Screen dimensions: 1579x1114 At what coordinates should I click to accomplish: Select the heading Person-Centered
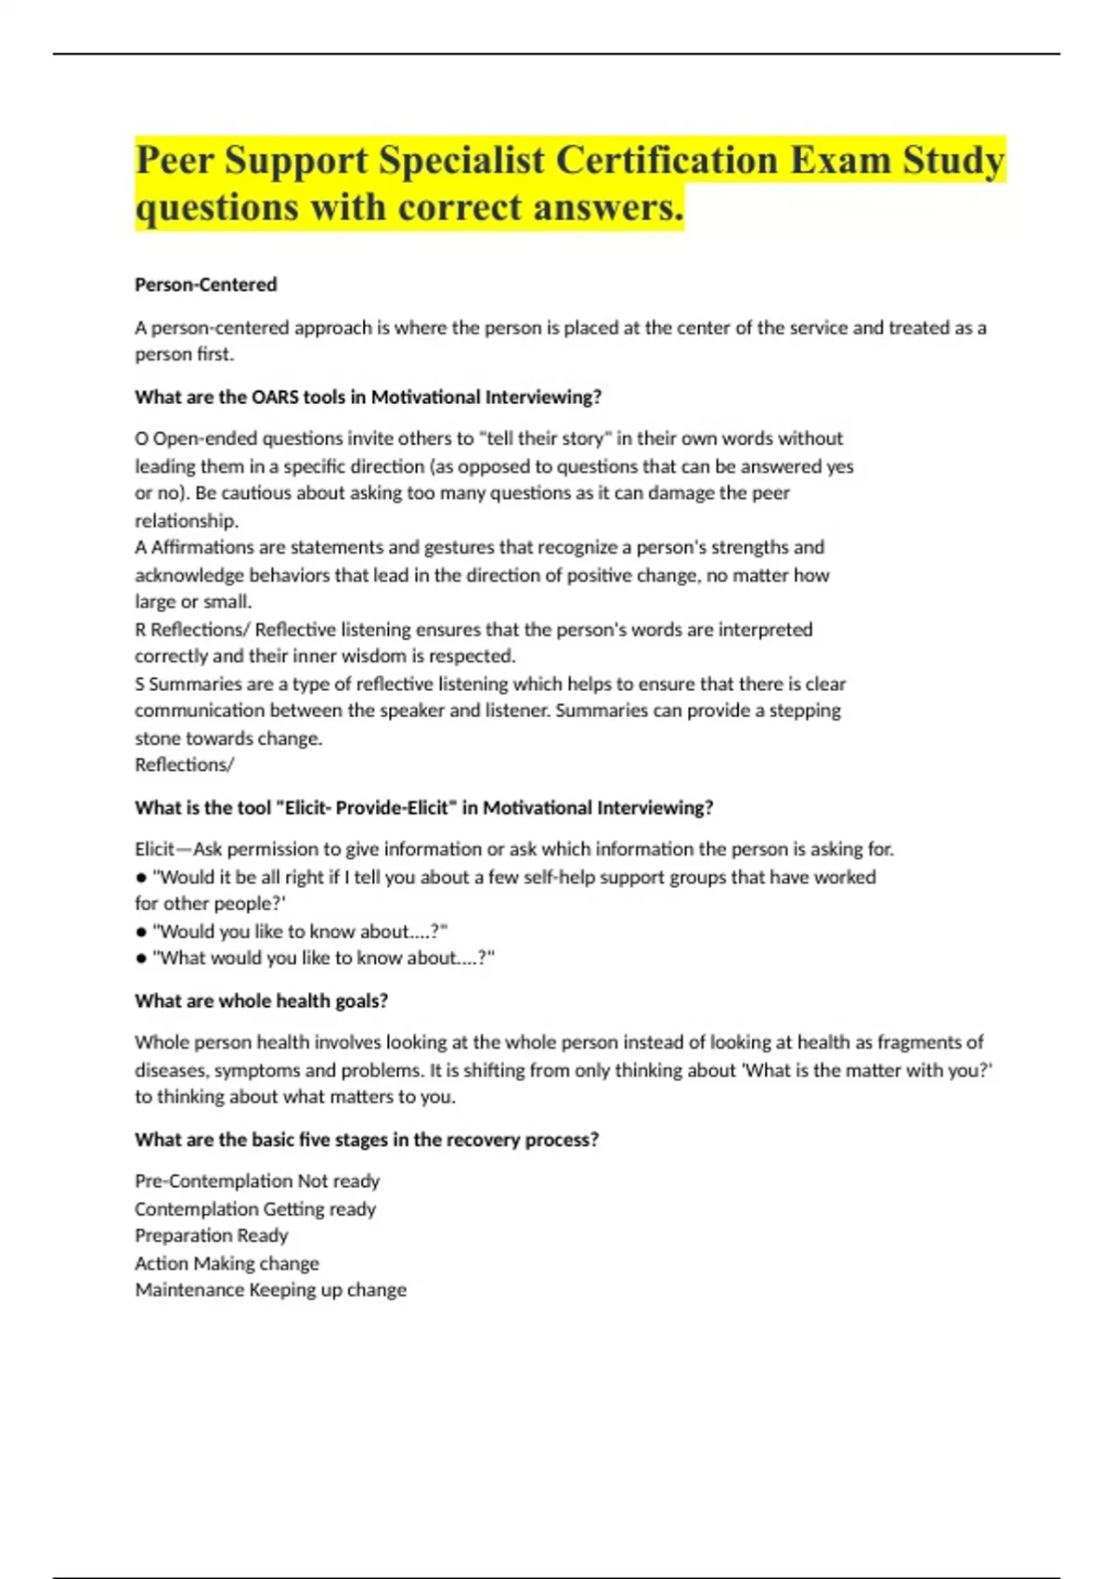(206, 284)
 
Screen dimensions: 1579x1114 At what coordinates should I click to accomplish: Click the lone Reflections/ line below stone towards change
(185, 764)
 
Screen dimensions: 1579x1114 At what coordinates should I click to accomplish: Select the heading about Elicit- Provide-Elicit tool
(423, 807)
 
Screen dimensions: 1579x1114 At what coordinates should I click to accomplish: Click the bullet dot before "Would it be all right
(141, 878)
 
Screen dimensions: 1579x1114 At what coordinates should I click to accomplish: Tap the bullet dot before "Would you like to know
(141, 932)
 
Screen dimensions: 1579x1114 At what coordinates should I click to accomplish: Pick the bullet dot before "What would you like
(141, 959)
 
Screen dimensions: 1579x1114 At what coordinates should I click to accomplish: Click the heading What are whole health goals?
(261, 1000)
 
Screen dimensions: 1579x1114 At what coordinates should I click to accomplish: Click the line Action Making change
(227, 1263)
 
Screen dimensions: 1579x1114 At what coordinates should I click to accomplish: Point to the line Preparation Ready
(212, 1235)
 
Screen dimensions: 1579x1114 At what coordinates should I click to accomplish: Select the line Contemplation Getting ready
(255, 1208)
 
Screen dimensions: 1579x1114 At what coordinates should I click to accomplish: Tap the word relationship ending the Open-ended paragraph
(185, 520)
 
